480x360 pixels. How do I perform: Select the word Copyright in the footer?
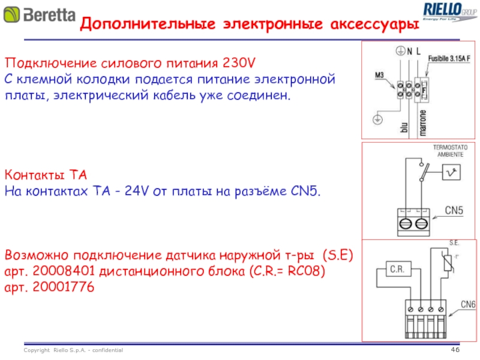point(37,350)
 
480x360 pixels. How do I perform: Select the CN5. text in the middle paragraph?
point(305,191)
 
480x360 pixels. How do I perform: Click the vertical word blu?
point(403,128)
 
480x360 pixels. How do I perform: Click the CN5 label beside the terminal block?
point(455,210)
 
